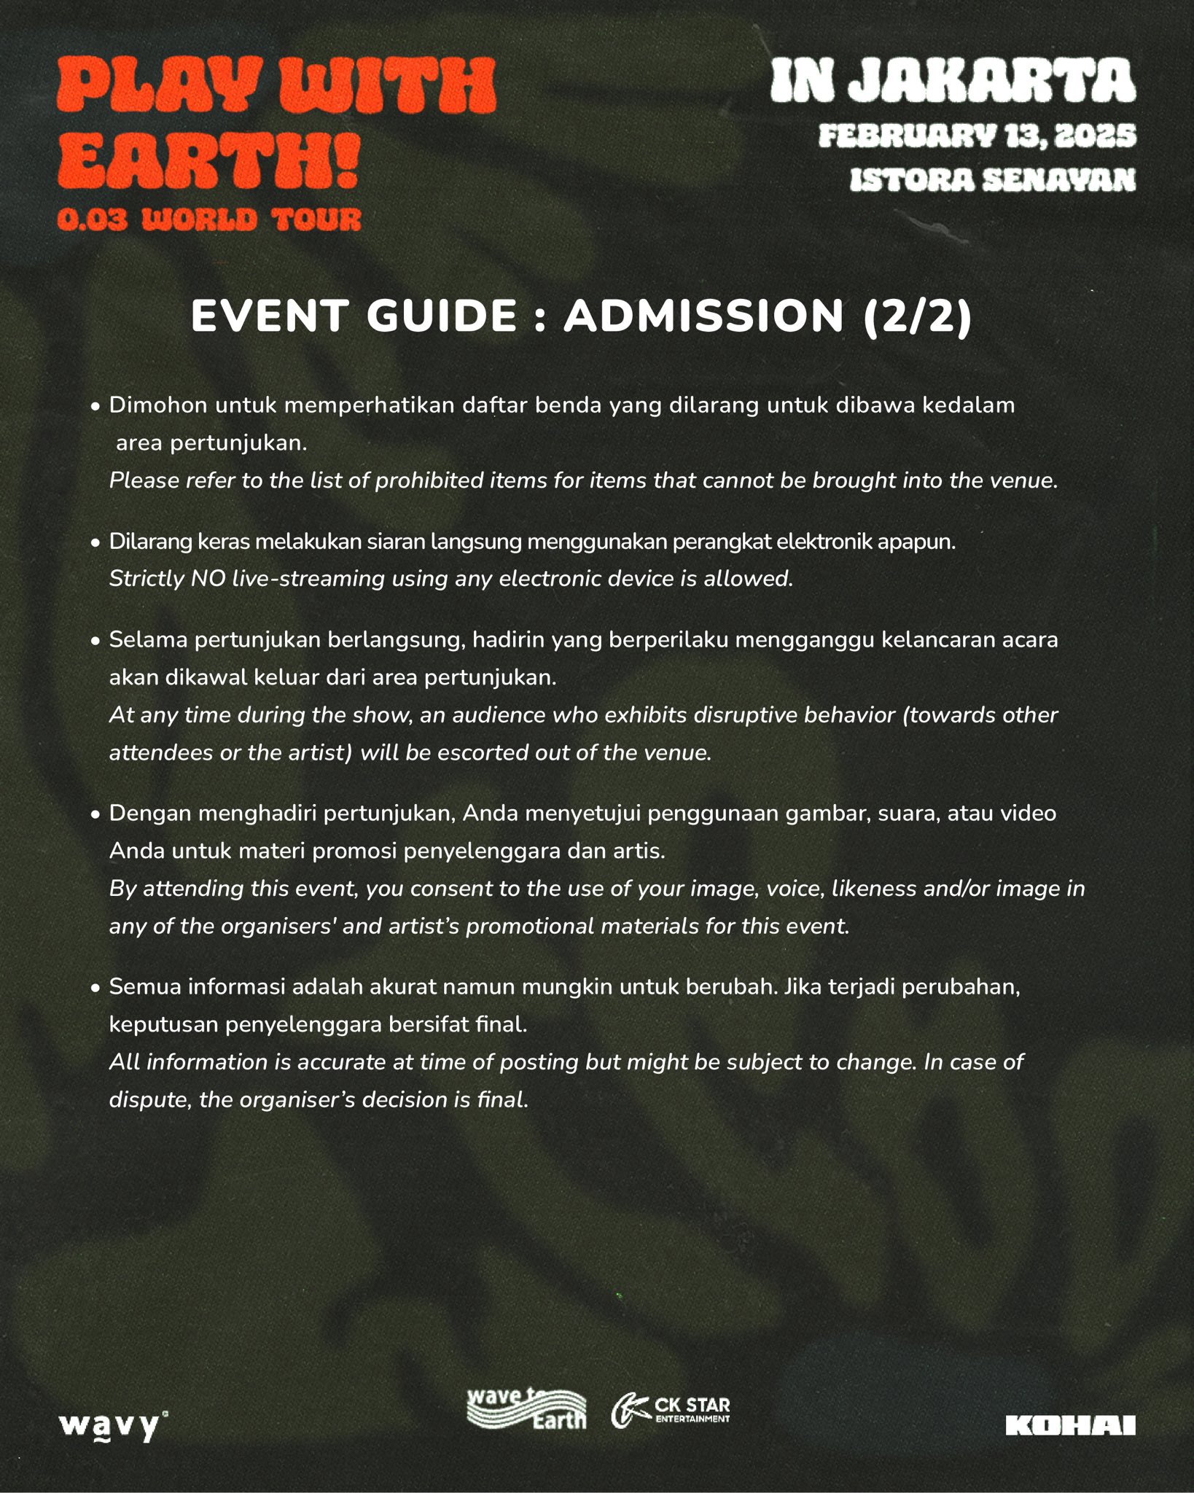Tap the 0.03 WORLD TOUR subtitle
pos(209,219)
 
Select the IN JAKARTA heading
pos(952,81)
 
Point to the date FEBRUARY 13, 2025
pos(977,136)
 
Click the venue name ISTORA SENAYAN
pos(992,180)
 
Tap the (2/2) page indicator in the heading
pos(917,316)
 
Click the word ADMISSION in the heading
pos(703,316)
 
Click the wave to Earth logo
pos(526,1408)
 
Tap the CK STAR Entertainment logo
pos(671,1411)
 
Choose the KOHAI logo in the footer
pos(1070,1425)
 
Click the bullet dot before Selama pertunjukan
pos(95,642)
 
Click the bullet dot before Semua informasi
pos(95,989)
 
